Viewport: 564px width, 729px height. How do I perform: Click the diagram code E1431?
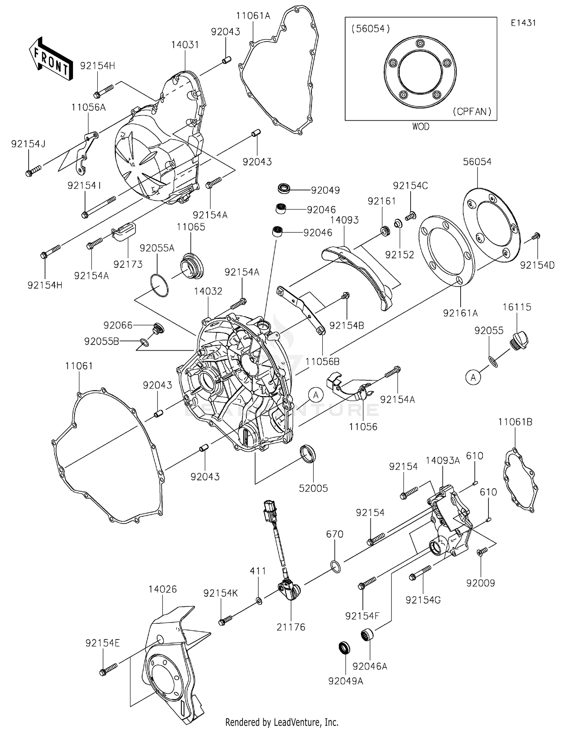(523, 23)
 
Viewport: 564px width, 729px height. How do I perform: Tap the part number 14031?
(185, 45)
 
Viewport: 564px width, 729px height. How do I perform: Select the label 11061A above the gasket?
(253, 16)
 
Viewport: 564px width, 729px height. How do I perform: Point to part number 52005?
(313, 488)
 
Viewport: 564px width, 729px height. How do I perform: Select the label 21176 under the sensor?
(291, 627)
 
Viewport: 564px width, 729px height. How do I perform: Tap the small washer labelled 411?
(259, 601)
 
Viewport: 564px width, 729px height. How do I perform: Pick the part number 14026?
(162, 589)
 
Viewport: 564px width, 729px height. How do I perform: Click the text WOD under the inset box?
(421, 127)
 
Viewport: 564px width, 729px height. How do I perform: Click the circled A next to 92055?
(473, 377)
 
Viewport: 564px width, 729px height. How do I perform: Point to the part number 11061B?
(515, 422)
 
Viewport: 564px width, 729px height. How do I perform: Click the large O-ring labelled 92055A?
(159, 286)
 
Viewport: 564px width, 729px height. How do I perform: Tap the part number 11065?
(191, 227)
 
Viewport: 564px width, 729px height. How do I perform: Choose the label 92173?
(128, 264)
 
